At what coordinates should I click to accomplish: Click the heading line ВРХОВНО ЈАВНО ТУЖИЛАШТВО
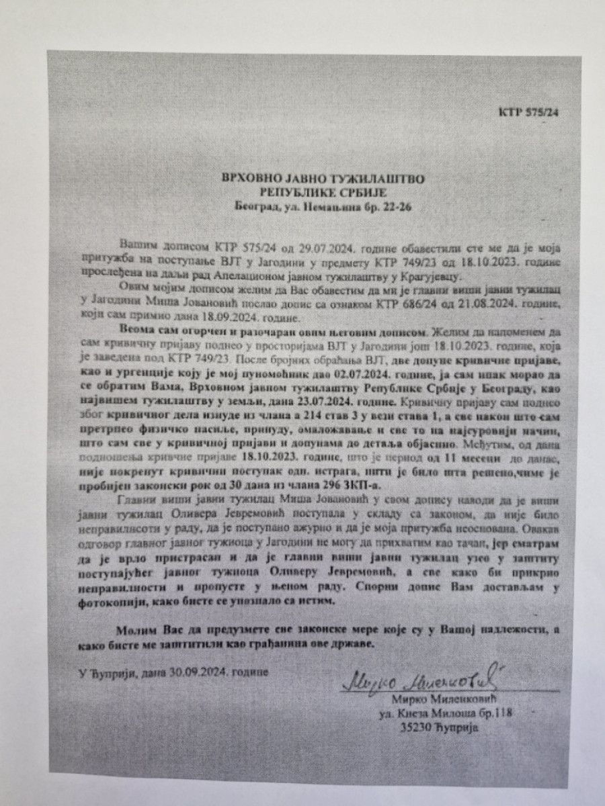(x=324, y=179)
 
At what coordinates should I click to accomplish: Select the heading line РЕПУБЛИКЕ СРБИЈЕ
(x=325, y=193)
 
